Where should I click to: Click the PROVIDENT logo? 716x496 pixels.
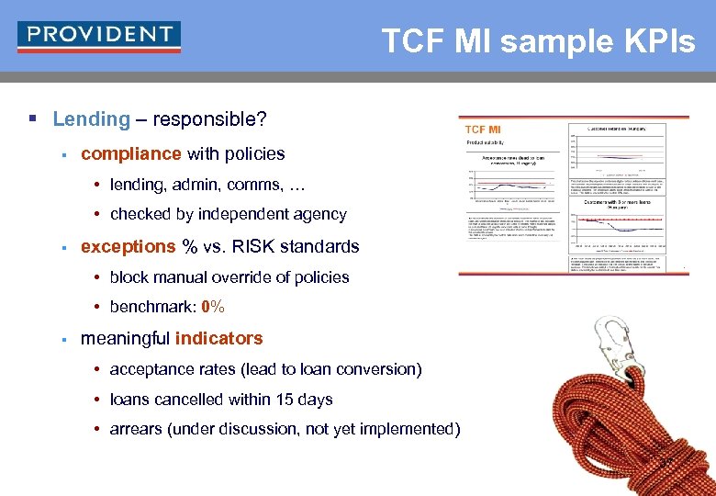[98, 36]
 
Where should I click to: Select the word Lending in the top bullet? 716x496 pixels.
[92, 119]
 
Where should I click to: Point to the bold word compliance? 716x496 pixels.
[131, 153]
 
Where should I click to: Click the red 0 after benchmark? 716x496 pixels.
[206, 307]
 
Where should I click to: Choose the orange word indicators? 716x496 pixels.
[218, 338]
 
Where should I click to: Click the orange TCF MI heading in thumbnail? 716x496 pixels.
[483, 130]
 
